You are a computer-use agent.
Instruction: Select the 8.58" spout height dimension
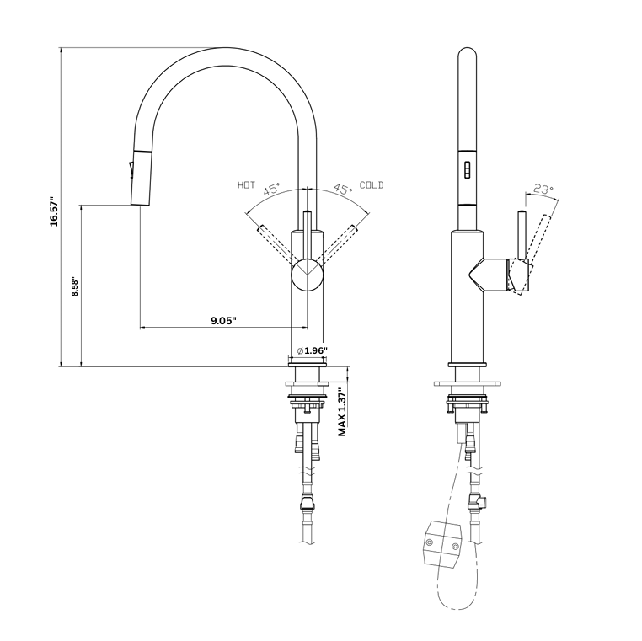click(x=74, y=287)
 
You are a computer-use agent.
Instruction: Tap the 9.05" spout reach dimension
click(x=222, y=319)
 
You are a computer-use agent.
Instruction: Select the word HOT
click(x=246, y=184)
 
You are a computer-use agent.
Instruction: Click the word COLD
click(x=372, y=184)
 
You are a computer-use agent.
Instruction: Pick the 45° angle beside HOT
click(x=272, y=190)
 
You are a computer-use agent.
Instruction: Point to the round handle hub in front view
click(x=307, y=275)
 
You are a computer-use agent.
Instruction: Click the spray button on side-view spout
click(x=464, y=166)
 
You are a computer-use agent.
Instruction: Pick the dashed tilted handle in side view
click(x=541, y=240)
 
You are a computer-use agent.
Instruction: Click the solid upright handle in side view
click(x=522, y=236)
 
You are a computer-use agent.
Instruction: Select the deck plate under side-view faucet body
click(x=468, y=383)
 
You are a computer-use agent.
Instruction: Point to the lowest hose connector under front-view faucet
click(x=307, y=505)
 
